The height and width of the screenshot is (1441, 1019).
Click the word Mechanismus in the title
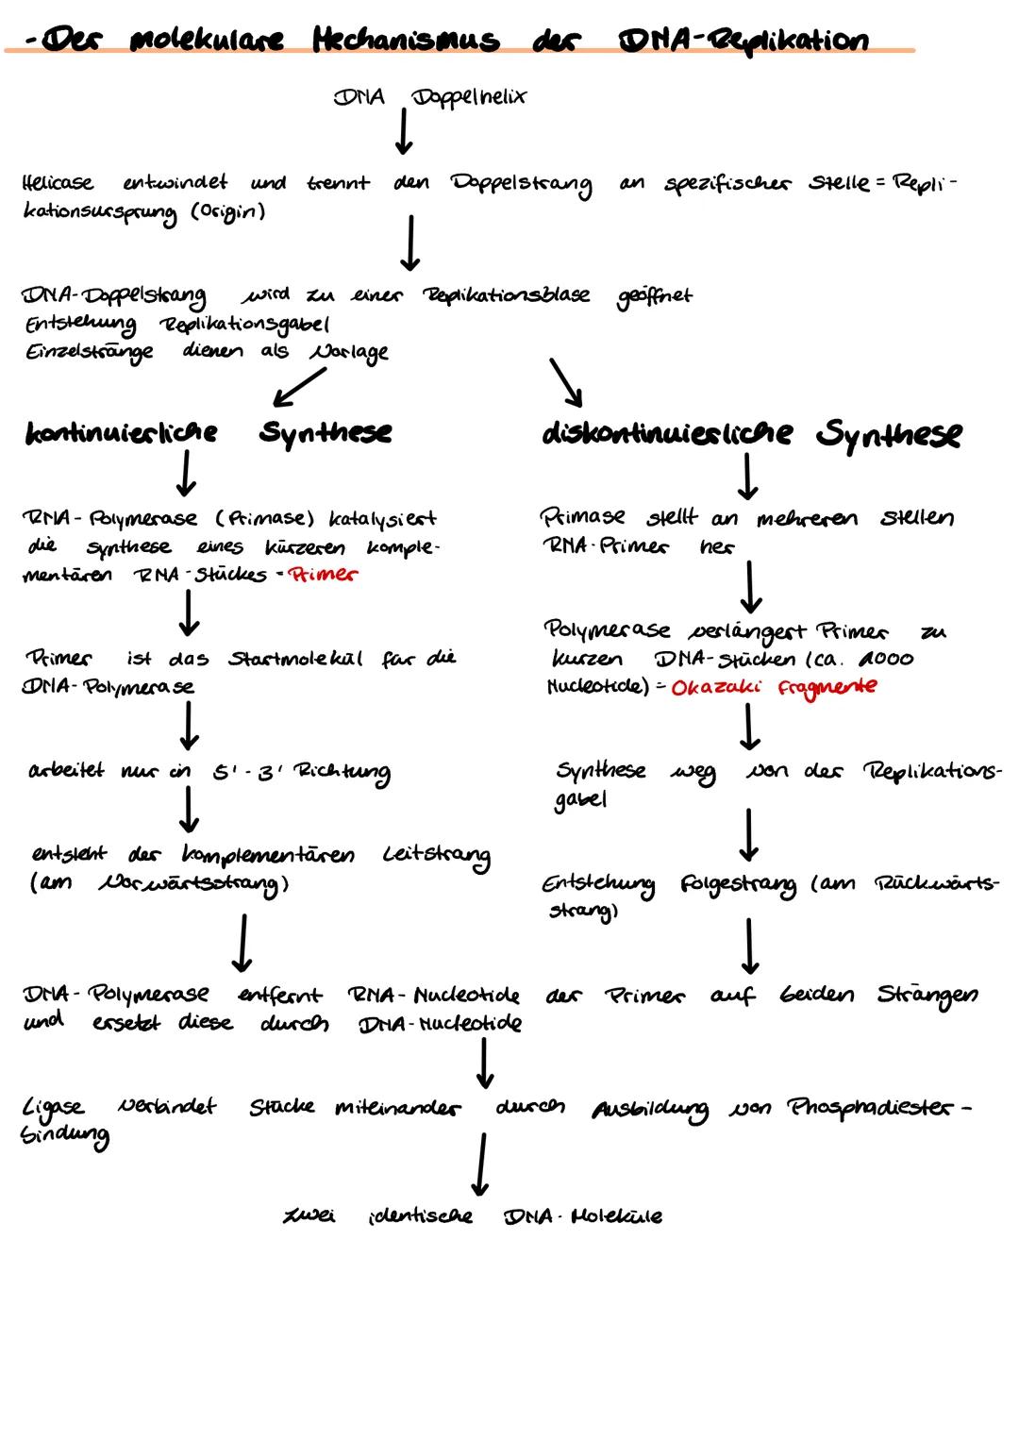point(406,40)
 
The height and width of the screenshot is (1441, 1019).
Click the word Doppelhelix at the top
point(468,97)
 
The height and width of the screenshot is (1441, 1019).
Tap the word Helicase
point(58,182)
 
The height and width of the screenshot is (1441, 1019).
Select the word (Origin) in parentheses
point(228,210)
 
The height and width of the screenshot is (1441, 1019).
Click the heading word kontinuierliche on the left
point(121,432)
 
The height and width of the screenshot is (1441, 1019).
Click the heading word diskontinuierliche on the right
point(667,433)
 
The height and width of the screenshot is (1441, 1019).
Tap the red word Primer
point(324,574)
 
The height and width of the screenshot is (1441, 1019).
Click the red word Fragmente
point(827,687)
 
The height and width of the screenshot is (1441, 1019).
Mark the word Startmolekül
point(295,658)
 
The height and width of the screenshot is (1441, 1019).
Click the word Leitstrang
point(436,856)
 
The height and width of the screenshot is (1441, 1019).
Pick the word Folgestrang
point(737,885)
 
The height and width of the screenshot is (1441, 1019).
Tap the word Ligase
point(54,1107)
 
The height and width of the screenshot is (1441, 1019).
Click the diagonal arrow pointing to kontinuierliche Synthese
point(300,385)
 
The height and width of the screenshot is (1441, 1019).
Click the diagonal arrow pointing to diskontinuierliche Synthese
point(566,380)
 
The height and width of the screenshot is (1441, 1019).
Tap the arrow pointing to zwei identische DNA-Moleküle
point(481,1164)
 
